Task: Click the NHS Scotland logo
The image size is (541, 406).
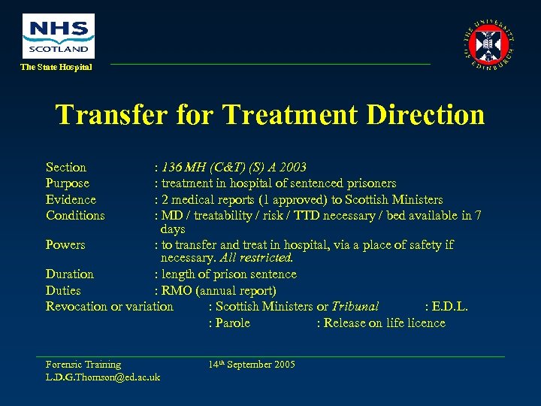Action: click(x=59, y=35)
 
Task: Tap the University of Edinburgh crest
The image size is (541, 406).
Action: click(x=490, y=44)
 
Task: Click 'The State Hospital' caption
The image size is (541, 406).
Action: click(x=56, y=67)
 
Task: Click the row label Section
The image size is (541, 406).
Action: click(x=66, y=167)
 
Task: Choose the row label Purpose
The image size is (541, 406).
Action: click(x=68, y=183)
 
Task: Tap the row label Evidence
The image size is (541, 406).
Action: click(x=71, y=200)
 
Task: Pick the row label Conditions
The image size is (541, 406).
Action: click(x=75, y=216)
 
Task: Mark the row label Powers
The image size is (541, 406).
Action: click(x=65, y=245)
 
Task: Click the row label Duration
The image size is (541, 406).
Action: click(x=70, y=274)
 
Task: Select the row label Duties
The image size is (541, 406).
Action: click(x=63, y=290)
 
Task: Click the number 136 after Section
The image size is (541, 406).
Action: click(x=171, y=167)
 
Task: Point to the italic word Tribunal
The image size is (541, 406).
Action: click(x=355, y=306)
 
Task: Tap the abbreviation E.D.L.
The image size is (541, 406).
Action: click(x=450, y=306)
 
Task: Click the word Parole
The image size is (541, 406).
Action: click(x=232, y=323)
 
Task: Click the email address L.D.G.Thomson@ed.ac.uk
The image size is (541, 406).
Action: click(x=103, y=377)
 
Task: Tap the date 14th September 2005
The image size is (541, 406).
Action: click(x=252, y=365)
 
